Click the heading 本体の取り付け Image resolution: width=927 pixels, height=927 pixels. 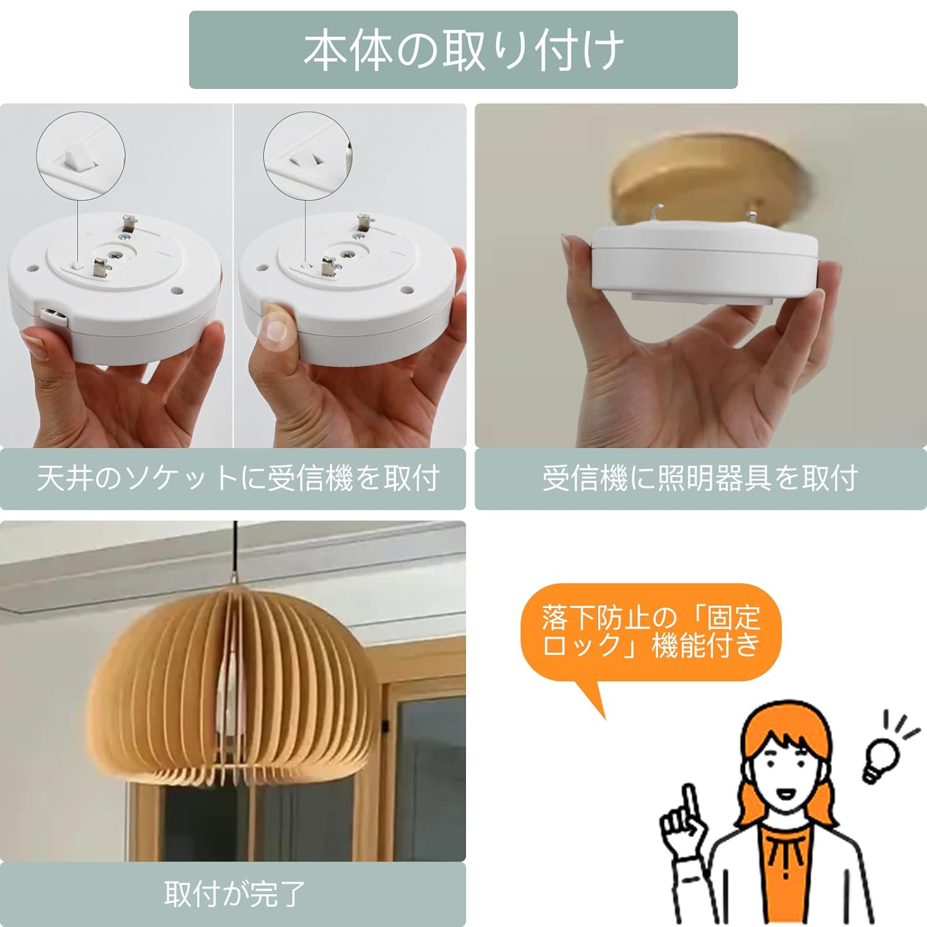[x=463, y=50]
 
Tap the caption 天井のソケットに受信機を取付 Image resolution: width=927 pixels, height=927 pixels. [x=238, y=478]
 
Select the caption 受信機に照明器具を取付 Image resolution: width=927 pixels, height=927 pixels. [x=700, y=478]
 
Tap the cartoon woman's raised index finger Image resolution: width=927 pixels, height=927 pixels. [x=689, y=803]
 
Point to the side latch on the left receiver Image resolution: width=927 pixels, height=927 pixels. [x=54, y=315]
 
